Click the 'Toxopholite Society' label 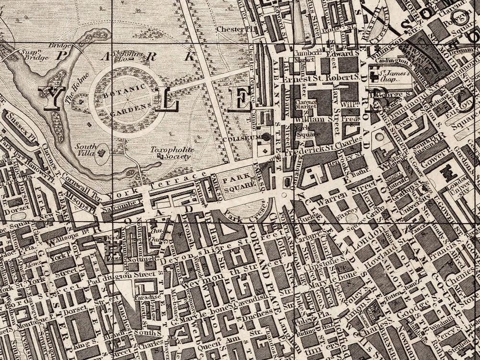pos(172,153)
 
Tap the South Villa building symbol pos(101,153)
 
